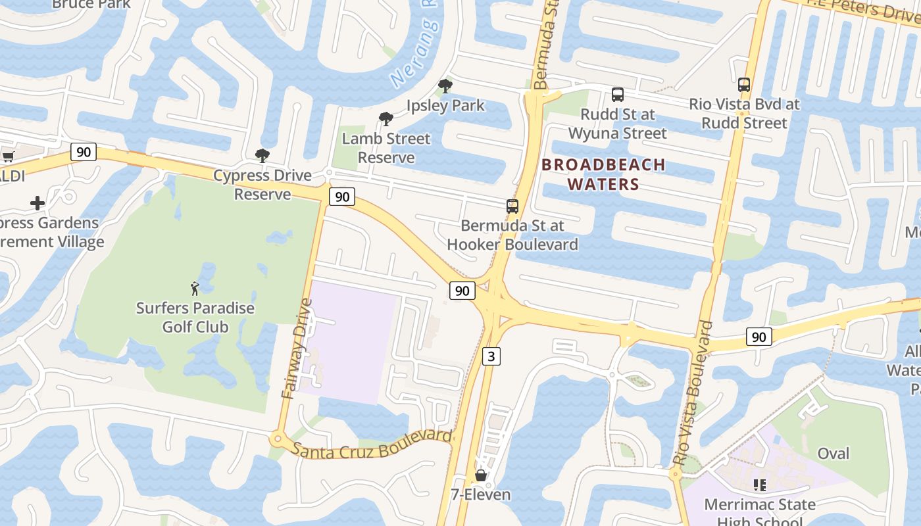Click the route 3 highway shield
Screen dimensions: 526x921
click(491, 356)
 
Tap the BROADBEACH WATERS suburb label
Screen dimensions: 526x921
click(603, 174)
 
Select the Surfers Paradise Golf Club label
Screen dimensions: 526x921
click(195, 317)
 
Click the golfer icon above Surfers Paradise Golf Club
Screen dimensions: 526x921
click(195, 287)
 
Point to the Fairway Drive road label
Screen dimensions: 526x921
click(297, 348)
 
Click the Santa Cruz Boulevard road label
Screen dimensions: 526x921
click(372, 444)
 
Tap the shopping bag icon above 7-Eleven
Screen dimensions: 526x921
click(481, 475)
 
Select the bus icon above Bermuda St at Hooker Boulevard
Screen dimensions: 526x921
click(512, 206)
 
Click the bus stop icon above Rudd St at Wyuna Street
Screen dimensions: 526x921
click(617, 94)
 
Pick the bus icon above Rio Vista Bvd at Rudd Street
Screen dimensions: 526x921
click(744, 84)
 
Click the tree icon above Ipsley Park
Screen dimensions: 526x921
click(445, 85)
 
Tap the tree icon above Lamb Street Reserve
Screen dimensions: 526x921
click(386, 119)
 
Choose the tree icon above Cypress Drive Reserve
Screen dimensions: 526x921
click(262, 156)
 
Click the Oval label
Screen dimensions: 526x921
click(833, 453)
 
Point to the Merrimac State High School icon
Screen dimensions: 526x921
click(759, 485)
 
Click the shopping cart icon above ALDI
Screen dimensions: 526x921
click(9, 156)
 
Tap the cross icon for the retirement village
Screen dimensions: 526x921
click(37, 203)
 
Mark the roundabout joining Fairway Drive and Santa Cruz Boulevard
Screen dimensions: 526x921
click(278, 437)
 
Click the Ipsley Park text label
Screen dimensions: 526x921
click(445, 105)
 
